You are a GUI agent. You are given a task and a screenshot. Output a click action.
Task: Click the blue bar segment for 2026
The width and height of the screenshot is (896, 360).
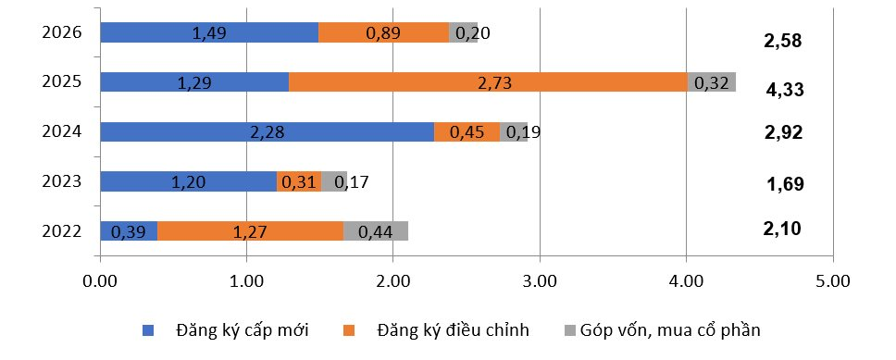208,32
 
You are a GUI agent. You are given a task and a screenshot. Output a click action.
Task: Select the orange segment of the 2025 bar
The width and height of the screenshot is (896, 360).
488,82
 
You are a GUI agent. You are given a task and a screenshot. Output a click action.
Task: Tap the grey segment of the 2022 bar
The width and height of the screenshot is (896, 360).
375,231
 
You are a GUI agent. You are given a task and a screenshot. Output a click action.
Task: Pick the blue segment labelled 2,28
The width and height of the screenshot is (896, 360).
267,132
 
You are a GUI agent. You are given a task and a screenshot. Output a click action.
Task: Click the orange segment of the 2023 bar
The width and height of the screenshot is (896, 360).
298,181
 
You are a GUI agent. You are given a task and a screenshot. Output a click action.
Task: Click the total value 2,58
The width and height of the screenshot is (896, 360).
782,42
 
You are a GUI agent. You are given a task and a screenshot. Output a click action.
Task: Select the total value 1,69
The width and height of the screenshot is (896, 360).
785,184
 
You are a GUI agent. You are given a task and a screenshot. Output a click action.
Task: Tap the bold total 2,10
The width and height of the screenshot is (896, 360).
782,230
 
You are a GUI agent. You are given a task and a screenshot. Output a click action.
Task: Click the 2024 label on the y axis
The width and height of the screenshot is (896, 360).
64,131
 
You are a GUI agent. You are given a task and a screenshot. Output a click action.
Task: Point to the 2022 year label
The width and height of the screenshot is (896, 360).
64,230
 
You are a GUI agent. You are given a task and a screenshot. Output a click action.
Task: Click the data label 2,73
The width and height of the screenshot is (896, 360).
489,82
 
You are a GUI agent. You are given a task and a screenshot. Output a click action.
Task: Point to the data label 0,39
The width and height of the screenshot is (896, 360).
128,231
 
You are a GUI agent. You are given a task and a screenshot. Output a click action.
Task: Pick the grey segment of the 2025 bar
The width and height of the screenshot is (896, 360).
712,82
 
